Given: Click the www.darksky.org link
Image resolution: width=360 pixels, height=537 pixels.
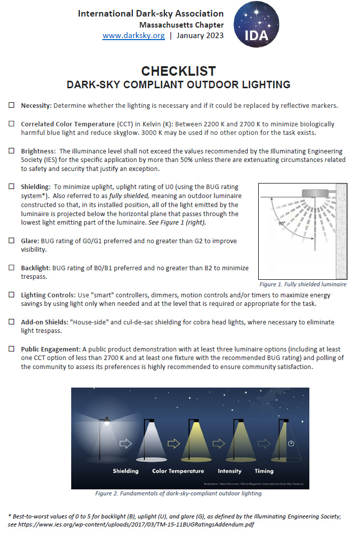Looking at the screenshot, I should coord(133,36).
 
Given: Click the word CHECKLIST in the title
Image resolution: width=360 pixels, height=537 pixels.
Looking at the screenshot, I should coord(178,71).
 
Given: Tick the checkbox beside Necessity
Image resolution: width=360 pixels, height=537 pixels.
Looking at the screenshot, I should coord(12,105).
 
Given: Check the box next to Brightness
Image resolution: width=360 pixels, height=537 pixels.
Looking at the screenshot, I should coord(12,151).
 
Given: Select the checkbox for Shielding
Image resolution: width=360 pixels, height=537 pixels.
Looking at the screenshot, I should coord(12,187).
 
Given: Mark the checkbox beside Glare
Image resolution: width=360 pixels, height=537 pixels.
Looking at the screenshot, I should coord(12,241).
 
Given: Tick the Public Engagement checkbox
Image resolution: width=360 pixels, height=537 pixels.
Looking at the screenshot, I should coord(12,348).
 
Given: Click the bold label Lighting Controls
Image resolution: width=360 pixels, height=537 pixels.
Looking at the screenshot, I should coord(48,295).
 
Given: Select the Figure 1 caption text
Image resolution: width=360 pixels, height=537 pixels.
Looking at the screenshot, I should coord(302,284).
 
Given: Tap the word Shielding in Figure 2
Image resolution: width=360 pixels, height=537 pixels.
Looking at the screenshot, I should coord(125,471).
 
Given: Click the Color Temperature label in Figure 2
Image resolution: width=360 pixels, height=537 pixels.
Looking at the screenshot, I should coord(178,471).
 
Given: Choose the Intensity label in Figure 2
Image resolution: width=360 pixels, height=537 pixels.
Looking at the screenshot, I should coord(230,471).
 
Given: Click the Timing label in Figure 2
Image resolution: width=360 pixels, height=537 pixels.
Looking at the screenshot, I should coord(264,471).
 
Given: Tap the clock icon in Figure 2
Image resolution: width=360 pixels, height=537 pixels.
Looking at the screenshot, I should coord(291,443).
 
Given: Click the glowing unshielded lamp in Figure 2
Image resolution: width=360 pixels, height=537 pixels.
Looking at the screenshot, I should coord(106,422).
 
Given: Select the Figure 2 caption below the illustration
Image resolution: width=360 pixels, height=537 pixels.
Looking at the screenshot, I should coord(178,493).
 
